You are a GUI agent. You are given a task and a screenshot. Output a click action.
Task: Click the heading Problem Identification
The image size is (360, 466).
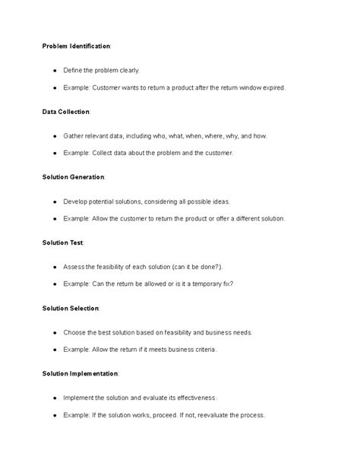76,46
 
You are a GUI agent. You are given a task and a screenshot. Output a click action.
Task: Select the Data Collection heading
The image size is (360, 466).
66,112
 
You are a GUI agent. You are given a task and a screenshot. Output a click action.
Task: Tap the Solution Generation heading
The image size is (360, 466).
74,177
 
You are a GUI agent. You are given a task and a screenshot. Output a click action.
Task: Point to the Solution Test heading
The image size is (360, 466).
63,243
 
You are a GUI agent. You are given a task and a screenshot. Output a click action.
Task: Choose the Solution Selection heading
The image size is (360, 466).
71,308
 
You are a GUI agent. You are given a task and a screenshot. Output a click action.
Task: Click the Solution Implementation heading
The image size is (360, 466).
80,373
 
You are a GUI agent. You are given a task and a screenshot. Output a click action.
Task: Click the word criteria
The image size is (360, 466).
203,349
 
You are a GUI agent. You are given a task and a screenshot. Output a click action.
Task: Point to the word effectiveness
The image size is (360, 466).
193,398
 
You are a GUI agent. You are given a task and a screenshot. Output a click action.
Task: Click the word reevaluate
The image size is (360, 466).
210,414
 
